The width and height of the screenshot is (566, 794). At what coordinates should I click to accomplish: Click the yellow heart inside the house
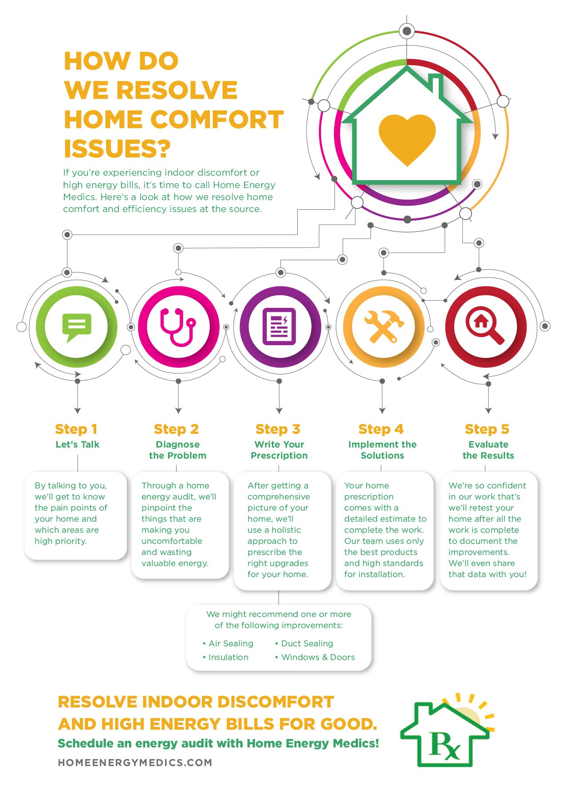click(x=407, y=138)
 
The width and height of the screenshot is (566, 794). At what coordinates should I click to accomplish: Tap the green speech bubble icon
click(x=77, y=326)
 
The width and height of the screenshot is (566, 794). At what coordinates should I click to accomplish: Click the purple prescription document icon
click(x=279, y=326)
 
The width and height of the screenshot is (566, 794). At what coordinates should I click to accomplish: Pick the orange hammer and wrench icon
click(x=383, y=326)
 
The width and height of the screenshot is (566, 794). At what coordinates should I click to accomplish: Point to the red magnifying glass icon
click(x=484, y=326)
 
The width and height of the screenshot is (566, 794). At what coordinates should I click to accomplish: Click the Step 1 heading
click(x=76, y=429)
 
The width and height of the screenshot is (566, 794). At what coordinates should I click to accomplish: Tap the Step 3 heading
click(x=278, y=429)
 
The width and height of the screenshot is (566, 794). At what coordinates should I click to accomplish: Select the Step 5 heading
click(x=487, y=429)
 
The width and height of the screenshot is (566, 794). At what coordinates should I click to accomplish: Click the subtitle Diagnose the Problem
click(x=177, y=450)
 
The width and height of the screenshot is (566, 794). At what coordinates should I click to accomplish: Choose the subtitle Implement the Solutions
click(x=382, y=450)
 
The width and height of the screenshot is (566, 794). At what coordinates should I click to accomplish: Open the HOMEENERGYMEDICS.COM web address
click(x=135, y=763)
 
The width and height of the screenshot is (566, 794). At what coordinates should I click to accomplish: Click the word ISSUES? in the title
click(x=117, y=149)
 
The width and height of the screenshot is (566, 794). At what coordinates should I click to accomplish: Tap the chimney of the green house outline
click(x=435, y=84)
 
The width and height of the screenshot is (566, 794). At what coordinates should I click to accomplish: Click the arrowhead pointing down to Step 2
click(x=178, y=410)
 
